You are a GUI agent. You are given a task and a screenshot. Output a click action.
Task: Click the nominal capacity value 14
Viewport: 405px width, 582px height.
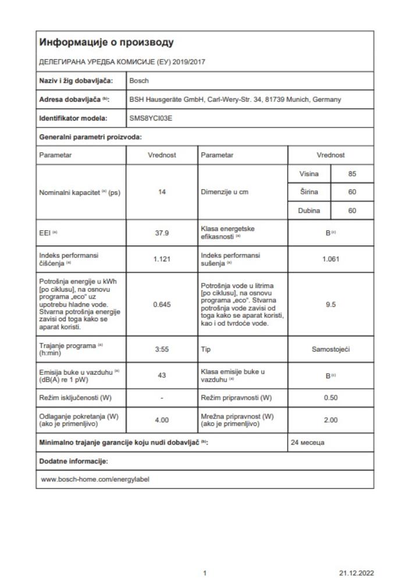click(162, 193)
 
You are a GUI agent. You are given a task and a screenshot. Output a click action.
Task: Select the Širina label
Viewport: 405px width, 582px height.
click(309, 193)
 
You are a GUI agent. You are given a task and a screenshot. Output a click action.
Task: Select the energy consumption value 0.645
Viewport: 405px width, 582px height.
click(162, 294)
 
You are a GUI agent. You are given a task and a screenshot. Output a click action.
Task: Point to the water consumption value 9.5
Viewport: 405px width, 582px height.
click(331, 294)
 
